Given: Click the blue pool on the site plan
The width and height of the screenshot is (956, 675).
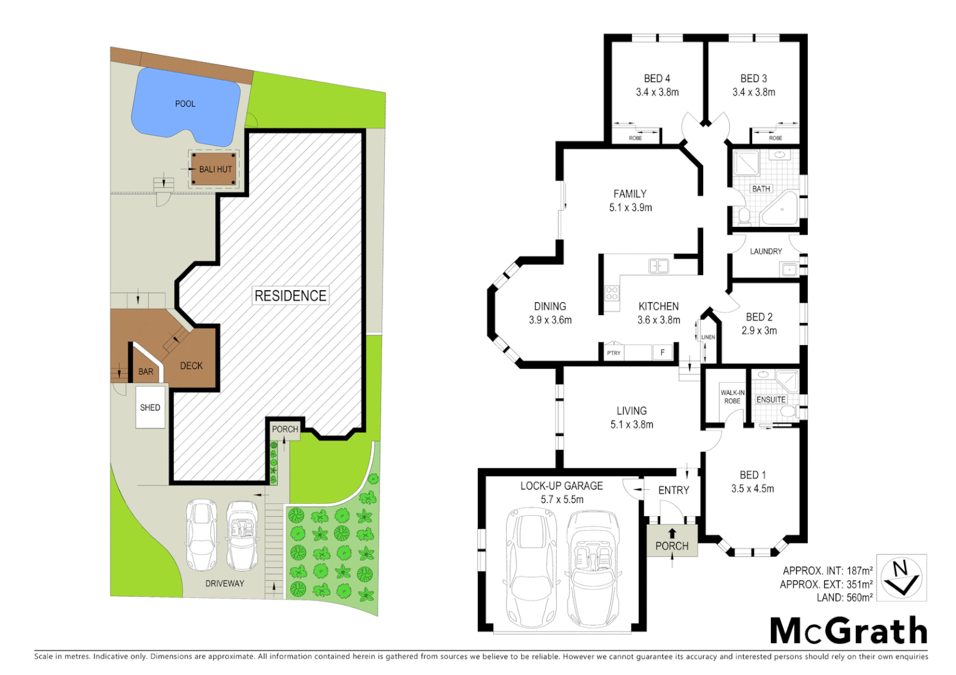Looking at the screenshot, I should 185,104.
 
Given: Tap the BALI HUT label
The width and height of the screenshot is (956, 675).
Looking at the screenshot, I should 215,169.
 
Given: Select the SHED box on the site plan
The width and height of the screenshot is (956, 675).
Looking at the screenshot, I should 150,407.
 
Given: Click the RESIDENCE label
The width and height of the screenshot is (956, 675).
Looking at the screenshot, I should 290,296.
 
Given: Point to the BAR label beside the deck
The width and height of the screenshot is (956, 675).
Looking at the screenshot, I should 146,372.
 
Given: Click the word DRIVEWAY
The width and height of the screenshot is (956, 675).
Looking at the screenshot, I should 225,584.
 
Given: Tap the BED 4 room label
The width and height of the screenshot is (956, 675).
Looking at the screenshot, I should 657,79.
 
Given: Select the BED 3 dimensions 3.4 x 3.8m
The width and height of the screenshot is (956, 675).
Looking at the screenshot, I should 753,92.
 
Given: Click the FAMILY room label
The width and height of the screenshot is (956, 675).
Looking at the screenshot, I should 630,194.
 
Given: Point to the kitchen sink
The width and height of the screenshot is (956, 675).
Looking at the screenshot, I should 658,266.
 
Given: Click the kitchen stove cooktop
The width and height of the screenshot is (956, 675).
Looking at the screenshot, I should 611,294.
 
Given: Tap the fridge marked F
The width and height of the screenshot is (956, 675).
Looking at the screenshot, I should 663,352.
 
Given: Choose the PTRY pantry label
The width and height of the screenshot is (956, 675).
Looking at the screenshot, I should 614,353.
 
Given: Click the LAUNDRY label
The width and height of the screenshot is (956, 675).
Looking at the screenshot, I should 766,251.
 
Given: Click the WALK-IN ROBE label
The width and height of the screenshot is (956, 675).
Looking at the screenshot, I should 732,397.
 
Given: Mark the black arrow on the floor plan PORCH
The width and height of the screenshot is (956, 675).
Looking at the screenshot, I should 672,533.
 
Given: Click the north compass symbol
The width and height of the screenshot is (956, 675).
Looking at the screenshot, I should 901,577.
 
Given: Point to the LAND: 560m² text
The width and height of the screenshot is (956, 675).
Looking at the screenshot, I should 844,598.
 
